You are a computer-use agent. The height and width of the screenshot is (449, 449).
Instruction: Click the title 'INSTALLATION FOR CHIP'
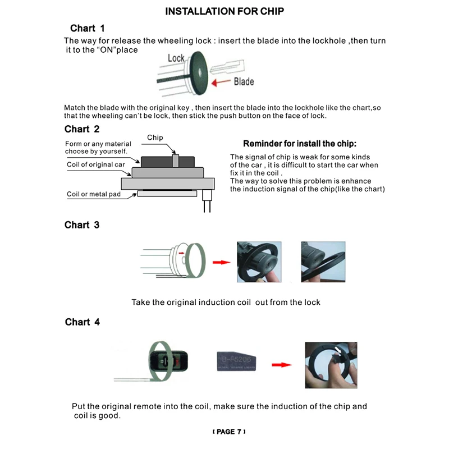[224, 11]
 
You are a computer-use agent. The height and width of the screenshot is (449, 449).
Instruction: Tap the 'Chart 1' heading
[88, 28]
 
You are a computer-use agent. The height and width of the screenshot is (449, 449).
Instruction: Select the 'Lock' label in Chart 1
[176, 58]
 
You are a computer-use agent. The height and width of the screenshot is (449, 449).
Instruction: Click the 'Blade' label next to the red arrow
[244, 81]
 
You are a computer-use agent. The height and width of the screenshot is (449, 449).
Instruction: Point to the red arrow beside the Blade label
[221, 83]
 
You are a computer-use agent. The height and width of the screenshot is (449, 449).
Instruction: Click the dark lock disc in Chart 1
[199, 73]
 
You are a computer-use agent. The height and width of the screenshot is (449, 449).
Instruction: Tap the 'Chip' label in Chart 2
[155, 138]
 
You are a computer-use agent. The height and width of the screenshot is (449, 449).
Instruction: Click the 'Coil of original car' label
[95, 164]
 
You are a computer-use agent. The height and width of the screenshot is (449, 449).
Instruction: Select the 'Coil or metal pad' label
[94, 194]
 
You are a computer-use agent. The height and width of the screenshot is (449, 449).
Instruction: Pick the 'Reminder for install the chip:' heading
[300, 144]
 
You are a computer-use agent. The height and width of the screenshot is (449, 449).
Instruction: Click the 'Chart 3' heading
[82, 225]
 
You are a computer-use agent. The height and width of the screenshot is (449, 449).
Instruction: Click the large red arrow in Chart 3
[221, 262]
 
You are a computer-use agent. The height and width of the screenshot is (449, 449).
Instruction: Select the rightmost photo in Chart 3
[323, 262]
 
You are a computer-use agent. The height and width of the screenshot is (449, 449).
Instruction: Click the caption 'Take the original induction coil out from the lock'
[226, 303]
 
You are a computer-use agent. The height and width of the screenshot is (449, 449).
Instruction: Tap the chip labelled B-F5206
[236, 361]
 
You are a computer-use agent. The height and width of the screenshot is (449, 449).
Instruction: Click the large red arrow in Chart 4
[282, 365]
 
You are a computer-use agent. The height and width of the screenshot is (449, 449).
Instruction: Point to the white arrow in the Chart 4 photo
[338, 350]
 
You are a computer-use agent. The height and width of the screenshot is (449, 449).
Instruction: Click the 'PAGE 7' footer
[229, 432]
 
